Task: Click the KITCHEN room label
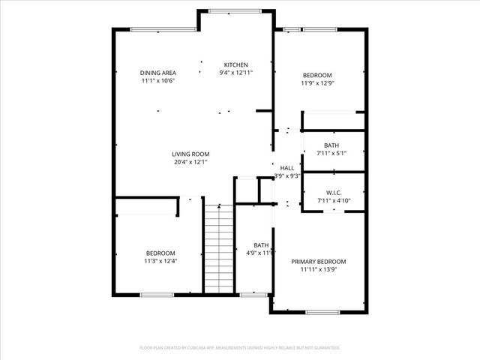pos(236,64)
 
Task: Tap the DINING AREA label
pos(158,73)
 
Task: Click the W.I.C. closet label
pos(334,192)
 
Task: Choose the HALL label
pos(286,168)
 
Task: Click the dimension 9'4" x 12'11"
pos(236,73)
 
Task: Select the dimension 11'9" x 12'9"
pos(318,83)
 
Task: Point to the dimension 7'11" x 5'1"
pos(331,154)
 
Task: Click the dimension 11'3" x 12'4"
pos(160,261)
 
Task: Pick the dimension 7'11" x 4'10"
pos(334,200)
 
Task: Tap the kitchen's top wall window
pos(235,10)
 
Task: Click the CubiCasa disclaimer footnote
pos(240,348)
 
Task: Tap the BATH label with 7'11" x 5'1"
pos(331,145)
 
